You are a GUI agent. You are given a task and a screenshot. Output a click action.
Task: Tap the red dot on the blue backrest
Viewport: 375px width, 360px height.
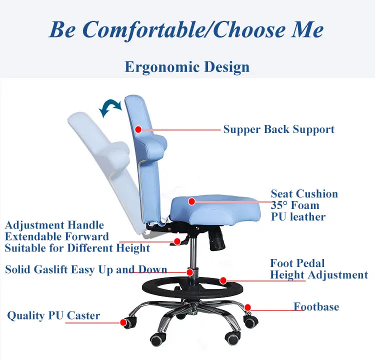tap(138, 129)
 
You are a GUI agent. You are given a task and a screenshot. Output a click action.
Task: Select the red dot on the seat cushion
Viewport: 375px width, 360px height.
tap(191, 201)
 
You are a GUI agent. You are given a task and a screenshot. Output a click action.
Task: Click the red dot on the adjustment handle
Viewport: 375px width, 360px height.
tap(177, 241)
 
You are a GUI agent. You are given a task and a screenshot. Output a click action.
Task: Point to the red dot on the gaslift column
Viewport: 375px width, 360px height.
tap(190, 272)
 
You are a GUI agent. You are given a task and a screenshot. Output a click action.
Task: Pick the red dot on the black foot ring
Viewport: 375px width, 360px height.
tap(223, 280)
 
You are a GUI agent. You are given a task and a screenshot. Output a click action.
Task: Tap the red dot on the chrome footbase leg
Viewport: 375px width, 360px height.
tap(248, 307)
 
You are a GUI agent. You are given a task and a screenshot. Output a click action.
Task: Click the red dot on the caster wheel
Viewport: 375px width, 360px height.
tap(123, 322)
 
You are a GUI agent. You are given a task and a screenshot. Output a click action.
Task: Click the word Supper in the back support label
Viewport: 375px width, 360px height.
tap(242, 130)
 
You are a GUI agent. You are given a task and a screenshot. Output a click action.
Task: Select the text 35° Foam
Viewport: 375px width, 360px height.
tap(295, 205)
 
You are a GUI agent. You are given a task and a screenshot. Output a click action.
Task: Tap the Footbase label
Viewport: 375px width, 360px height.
tap(316, 306)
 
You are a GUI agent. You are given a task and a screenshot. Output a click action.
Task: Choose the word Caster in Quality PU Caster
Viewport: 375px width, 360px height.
tap(83, 315)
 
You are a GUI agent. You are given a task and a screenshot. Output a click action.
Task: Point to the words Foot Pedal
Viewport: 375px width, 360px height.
tap(297, 263)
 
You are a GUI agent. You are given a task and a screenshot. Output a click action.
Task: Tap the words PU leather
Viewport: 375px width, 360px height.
tap(298, 216)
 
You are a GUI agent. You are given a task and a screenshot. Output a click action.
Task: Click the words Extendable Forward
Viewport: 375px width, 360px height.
tap(56, 236)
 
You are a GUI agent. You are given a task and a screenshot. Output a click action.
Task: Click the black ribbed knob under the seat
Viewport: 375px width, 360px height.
tap(216, 238)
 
